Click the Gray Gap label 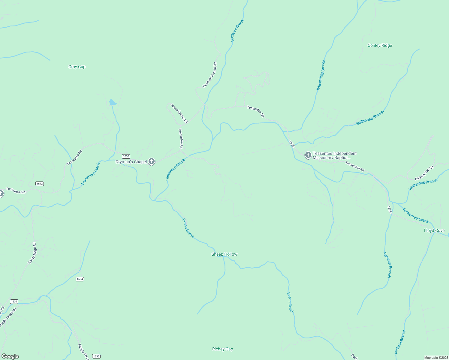click(77, 67)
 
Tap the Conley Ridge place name click(380, 46)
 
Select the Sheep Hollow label click(224, 254)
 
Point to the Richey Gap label click(222, 349)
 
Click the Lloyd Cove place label click(434, 231)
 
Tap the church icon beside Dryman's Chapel click(152, 162)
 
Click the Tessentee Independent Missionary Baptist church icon click(308, 155)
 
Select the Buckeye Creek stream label click(237, 31)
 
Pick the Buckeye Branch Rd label click(209, 75)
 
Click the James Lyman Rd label click(179, 113)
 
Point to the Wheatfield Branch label click(321, 75)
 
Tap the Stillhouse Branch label click(370, 118)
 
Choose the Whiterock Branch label click(423, 184)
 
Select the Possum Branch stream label click(387, 265)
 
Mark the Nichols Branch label click(400, 342)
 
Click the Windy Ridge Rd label click(32, 253)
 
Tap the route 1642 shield click(40, 184)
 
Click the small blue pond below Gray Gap click(113, 102)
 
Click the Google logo click(10, 356)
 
